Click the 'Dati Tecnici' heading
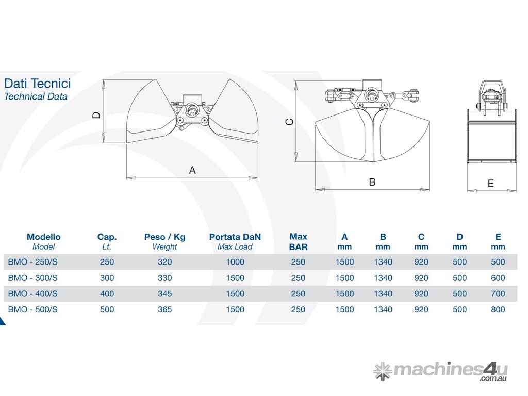click(x=37, y=83)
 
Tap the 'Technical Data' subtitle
click(x=36, y=96)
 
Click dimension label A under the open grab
click(x=192, y=170)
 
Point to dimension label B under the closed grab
click(x=372, y=182)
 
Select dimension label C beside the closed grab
click(x=290, y=122)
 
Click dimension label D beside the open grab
click(x=96, y=115)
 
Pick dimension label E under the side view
click(x=491, y=184)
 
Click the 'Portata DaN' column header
click(x=235, y=237)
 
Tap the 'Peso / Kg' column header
click(x=164, y=237)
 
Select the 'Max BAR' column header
click(x=299, y=242)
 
